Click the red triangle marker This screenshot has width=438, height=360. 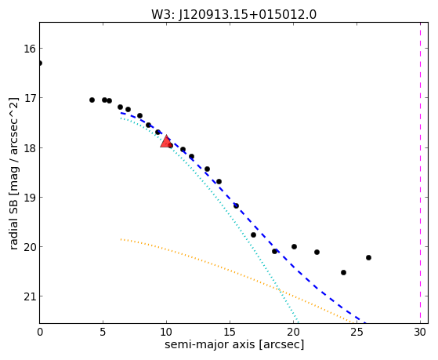click(166, 141)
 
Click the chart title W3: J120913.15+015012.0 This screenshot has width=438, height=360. click(233, 15)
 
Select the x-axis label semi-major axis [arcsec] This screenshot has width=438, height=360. click(234, 344)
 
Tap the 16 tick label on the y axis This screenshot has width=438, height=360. click(30, 49)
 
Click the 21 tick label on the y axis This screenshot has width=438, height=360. click(30, 296)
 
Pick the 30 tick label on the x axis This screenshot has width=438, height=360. click(420, 333)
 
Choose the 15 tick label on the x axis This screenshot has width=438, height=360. click(230, 333)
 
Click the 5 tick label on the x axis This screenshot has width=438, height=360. click(103, 333)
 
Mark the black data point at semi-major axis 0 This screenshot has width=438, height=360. click(40, 64)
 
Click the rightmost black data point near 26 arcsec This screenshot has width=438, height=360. click(368, 257)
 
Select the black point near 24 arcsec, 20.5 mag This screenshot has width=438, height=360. click(344, 272)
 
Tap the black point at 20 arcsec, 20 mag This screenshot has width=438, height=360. click(294, 247)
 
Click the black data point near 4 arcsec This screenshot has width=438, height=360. click(92, 100)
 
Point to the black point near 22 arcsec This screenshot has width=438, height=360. click(317, 252)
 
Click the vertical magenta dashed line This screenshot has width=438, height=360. click(420, 173)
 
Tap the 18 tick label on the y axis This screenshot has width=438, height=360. click(30, 148)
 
